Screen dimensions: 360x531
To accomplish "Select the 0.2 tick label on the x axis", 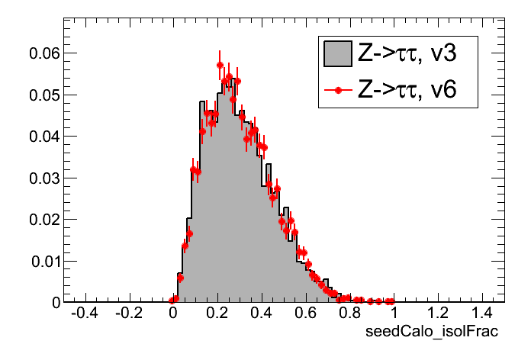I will click(217, 313).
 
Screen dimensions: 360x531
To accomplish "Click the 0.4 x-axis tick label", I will click(262, 313).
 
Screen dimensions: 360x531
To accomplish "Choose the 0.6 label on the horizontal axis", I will click(306, 313).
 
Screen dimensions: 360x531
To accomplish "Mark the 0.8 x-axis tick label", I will click(350, 313).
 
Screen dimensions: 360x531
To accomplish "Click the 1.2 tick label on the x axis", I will click(439, 313).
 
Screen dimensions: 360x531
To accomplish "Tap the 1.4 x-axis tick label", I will click(483, 313).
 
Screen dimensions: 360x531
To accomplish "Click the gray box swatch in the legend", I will click(337, 53).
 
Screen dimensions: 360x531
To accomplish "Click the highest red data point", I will click(220, 65).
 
